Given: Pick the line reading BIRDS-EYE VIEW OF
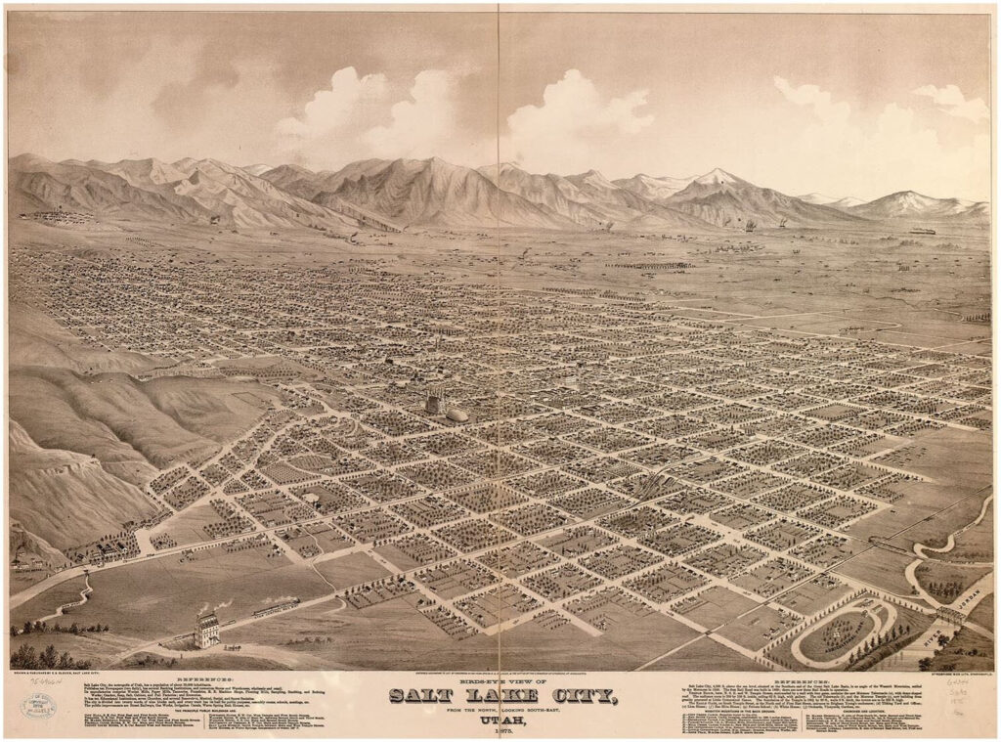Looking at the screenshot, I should coord(500,681).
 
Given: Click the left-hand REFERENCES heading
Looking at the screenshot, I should coord(204,677).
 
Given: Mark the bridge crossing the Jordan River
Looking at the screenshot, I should coord(949,617).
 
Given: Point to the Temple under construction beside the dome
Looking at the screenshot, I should coord(434,403).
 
